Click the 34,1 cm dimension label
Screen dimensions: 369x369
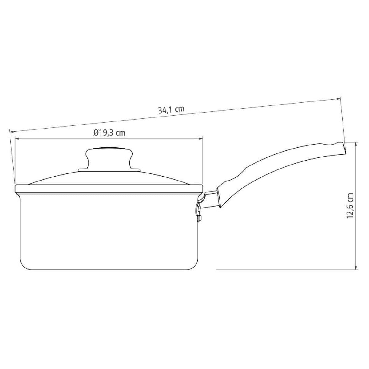[171, 110]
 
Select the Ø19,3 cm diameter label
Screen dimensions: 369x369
[109, 133]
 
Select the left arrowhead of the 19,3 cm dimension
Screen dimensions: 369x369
[17, 138]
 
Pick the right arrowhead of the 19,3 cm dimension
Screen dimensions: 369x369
[200, 138]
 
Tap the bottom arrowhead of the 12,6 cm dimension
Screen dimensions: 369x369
[356, 268]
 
